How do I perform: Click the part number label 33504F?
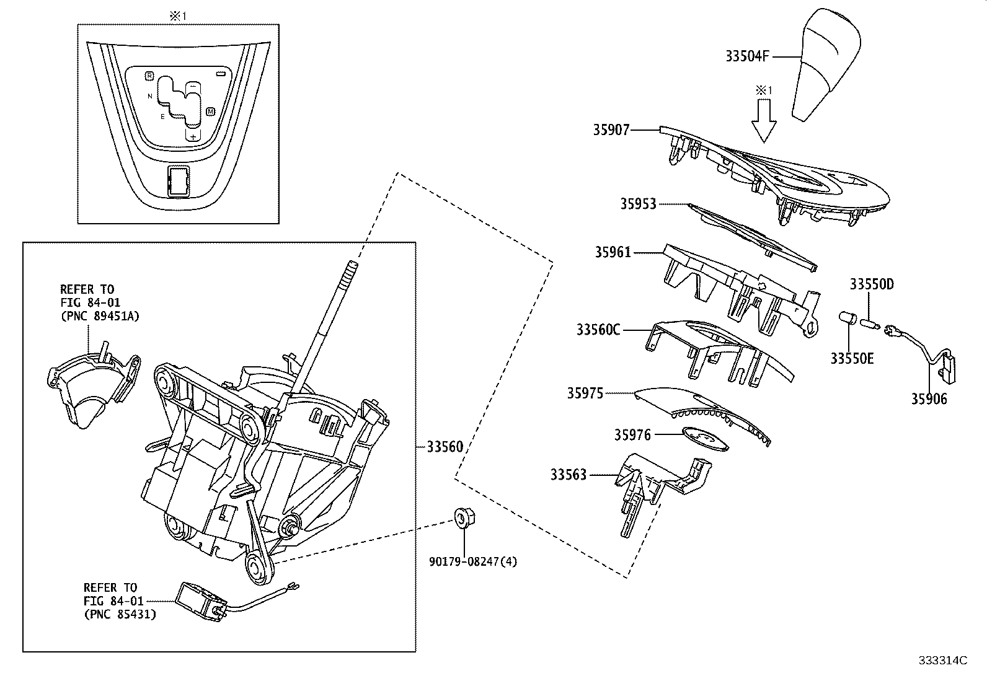747,56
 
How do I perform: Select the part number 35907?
611,130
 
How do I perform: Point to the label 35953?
638,204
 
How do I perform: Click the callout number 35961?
613,252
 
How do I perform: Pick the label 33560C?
598,330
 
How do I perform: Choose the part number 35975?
585,393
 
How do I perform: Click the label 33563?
568,475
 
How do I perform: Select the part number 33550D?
871,284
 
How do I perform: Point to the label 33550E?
852,358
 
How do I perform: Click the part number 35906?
929,399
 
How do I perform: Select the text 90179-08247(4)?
473,561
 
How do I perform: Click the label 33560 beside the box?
445,447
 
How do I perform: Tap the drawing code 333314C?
943,660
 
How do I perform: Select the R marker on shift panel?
149,76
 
